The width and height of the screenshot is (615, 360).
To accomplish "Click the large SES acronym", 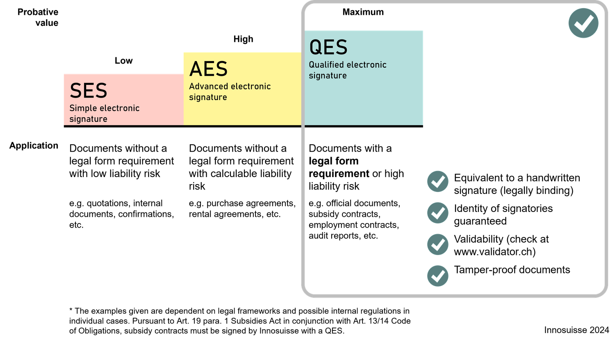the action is [x=89, y=90].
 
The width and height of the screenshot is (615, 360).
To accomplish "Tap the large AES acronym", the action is [x=208, y=68].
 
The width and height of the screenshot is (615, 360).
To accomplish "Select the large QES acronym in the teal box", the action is [x=328, y=47].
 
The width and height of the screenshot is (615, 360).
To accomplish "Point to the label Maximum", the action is [x=363, y=12].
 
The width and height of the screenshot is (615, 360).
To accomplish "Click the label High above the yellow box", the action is [x=243, y=39].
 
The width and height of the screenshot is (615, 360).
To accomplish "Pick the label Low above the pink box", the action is [x=123, y=61].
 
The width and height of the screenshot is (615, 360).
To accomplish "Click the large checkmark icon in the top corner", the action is [x=583, y=23].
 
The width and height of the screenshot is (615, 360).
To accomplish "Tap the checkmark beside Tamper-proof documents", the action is [x=437, y=276].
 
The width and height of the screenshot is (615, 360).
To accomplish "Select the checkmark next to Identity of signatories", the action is [x=437, y=213].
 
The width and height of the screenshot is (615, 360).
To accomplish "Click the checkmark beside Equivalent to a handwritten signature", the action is [x=437, y=181].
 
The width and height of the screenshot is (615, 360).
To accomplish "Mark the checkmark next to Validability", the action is [x=437, y=244].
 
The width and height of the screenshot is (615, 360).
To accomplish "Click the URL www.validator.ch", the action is [x=493, y=252].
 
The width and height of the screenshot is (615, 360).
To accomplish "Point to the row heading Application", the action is [x=34, y=146].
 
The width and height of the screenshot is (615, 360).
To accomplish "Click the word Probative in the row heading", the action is [x=38, y=12].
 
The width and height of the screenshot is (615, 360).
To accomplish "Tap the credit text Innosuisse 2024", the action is [x=576, y=330].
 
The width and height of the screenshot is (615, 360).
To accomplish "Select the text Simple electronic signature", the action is [x=104, y=114].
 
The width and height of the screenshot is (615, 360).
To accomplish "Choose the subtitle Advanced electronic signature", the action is [x=230, y=92].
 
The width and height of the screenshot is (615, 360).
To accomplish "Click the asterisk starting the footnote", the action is [x=71, y=310].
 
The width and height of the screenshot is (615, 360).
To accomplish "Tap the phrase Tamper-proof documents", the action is [x=512, y=270].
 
